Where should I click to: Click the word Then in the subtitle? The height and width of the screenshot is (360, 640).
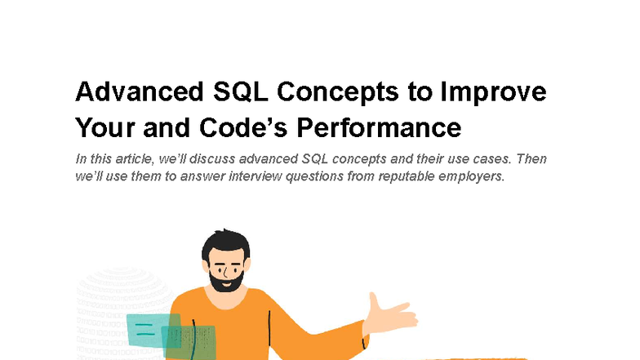(x=531, y=159)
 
